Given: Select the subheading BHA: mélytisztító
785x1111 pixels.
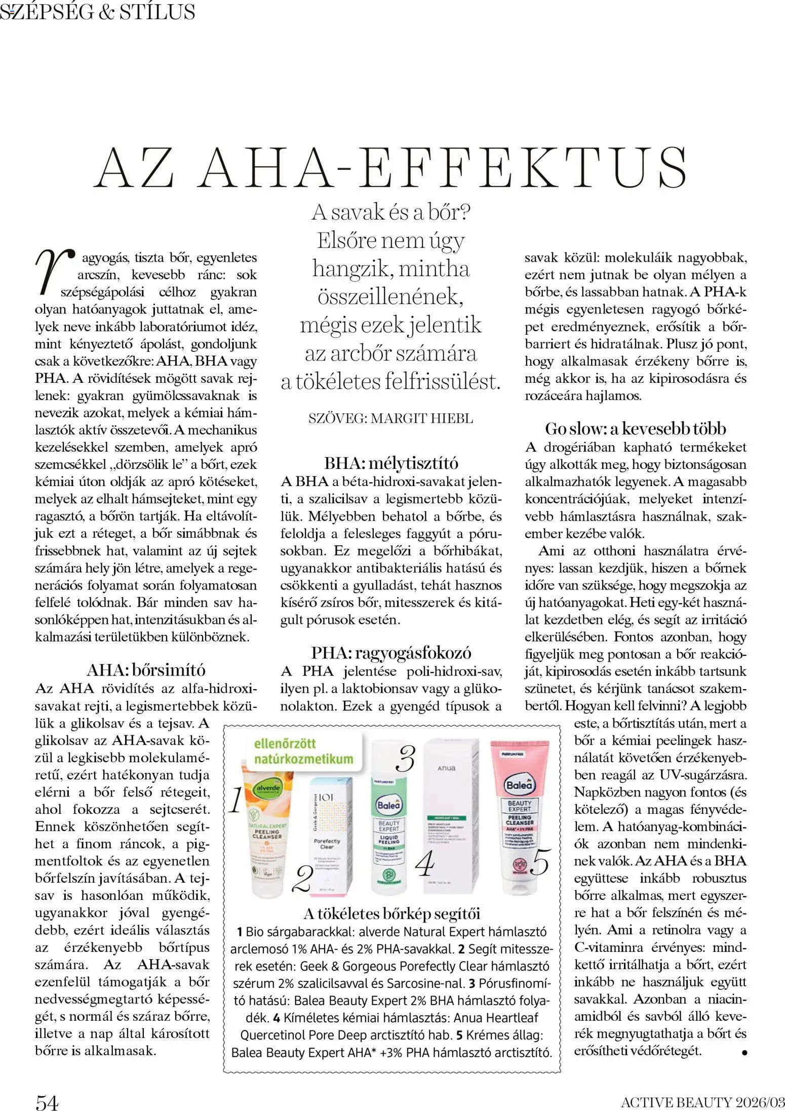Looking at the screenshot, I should click(x=391, y=463).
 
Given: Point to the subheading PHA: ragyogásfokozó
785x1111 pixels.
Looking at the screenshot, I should click(x=391, y=653).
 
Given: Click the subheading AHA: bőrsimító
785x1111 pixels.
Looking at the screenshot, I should click(x=146, y=670).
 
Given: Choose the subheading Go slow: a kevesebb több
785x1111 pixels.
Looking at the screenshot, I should click(x=635, y=429).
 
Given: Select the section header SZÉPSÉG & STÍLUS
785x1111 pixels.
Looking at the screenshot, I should click(x=98, y=12).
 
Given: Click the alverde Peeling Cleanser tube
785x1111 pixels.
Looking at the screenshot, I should click(x=267, y=833).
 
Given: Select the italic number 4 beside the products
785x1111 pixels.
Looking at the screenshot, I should click(x=424, y=864).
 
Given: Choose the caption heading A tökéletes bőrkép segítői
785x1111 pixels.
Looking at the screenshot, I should click(x=391, y=914).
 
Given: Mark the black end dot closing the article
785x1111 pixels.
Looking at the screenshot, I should click(x=744, y=1052).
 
